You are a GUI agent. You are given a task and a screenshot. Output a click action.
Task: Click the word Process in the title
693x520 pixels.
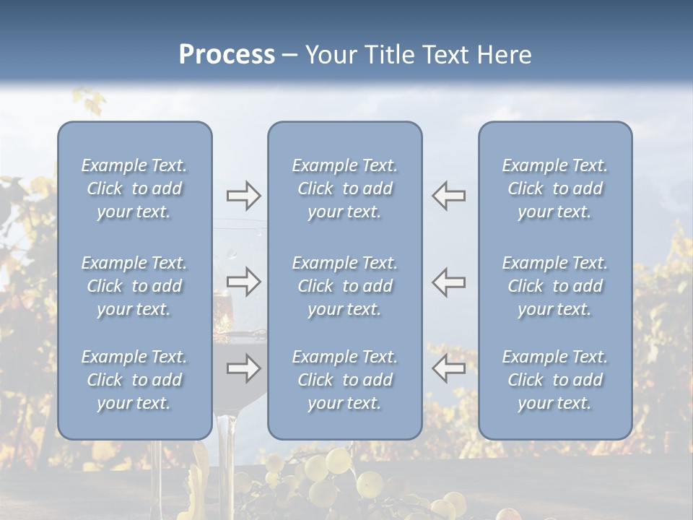(227, 55)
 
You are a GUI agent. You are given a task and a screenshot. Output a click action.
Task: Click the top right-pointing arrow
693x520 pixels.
(243, 196)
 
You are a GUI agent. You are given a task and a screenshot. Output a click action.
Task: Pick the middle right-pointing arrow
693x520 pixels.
(243, 282)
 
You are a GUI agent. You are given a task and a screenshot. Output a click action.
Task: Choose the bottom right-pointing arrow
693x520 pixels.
(243, 369)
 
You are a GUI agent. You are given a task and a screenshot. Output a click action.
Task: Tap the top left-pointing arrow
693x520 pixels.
(448, 196)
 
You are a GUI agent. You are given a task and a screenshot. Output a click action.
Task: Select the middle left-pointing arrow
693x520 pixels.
(448, 282)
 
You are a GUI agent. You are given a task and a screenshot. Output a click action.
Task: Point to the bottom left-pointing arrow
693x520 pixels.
(448, 369)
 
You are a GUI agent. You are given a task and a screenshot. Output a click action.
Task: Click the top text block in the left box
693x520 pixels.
(134, 188)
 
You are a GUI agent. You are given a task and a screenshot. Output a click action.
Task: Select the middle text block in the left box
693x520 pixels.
(134, 286)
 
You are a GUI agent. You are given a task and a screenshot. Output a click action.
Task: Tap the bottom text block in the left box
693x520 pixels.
(134, 380)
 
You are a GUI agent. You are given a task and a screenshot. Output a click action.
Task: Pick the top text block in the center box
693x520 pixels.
(344, 188)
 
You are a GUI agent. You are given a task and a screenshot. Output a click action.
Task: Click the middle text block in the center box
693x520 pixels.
(344, 286)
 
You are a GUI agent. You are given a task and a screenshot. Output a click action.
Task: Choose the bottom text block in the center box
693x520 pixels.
(344, 380)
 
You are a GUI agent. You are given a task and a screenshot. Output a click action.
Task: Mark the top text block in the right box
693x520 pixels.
(554, 188)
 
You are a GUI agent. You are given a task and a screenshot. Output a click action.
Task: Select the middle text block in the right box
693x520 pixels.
(554, 286)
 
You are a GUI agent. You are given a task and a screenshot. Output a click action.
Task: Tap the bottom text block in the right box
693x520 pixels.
(554, 380)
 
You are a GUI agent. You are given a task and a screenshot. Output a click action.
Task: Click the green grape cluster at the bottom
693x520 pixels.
(339, 477)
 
